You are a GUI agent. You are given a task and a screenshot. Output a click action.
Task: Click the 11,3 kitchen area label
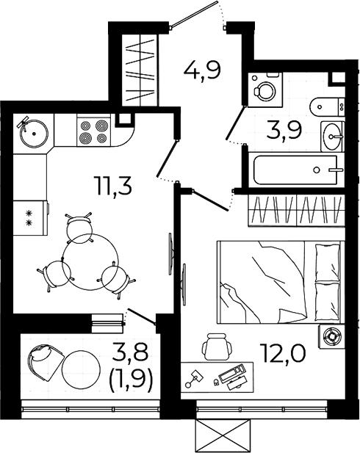114,186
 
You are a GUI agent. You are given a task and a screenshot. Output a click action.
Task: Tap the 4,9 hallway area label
202,70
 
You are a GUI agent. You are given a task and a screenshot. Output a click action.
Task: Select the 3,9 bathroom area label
284,130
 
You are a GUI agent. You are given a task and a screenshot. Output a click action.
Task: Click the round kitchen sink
34,133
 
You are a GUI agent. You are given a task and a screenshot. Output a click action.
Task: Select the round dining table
90,262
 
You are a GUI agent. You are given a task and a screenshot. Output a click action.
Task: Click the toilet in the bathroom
328,106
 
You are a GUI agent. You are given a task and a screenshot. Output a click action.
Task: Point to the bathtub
295,170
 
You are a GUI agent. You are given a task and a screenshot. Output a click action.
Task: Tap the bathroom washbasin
333,137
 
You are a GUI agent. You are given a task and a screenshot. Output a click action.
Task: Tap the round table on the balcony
81,369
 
